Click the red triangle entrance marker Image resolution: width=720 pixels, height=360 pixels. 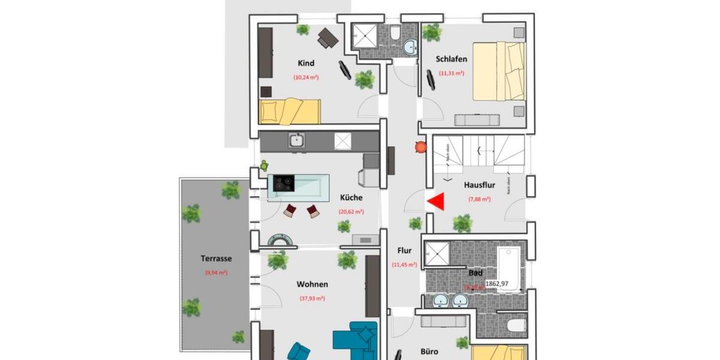coord(436,202)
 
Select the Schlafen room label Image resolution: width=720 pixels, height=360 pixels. coord(451,59)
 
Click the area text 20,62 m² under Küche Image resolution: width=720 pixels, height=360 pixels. coord(352,211)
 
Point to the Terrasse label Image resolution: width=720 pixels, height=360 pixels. coord(216,259)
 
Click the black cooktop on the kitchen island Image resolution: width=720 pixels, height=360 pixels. coord(284,182)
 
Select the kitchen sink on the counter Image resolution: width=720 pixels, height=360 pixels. coord(296,141)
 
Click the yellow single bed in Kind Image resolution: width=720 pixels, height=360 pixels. coord(289,112)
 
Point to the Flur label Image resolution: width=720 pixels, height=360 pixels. coord(404,251)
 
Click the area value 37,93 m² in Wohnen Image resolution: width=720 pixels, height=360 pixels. coord(312,298)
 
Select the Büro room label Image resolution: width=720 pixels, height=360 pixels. coord(429,352)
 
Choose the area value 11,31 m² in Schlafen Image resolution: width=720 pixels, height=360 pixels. coord(451,73)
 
